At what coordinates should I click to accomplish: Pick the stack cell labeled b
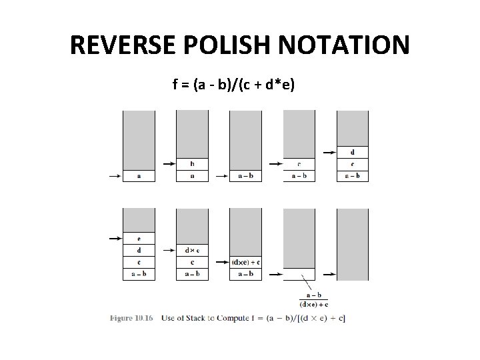[x=192, y=164]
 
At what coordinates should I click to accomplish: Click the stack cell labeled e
[x=139, y=238]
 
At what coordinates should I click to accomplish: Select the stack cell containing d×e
[x=192, y=250]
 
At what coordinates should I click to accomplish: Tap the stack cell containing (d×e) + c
[x=246, y=262]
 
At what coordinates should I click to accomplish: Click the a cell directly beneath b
[x=192, y=176]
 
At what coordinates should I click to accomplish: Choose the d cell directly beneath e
[x=139, y=250]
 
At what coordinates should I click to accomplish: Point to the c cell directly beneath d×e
[x=192, y=262]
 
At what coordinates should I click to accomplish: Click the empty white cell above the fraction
[x=299, y=274]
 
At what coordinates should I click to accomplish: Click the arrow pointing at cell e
[x=115, y=238]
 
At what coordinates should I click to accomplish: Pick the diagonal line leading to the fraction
[x=305, y=283]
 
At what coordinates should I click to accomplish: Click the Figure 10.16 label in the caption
[x=132, y=317]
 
